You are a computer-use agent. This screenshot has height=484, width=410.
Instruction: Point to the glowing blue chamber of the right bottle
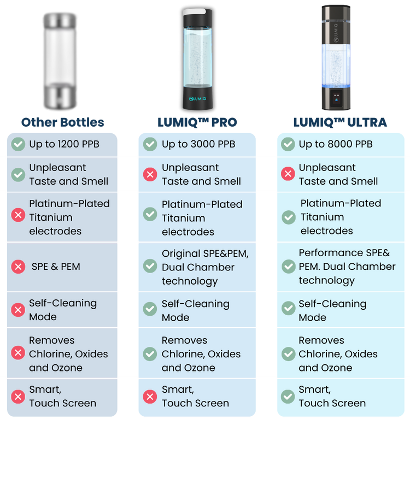pos(337,66)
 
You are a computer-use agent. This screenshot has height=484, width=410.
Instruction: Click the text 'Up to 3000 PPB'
pos(198,144)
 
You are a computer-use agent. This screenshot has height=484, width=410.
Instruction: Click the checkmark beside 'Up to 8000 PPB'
pos(288,144)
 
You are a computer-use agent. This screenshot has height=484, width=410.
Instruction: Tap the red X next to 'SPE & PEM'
pos(18,267)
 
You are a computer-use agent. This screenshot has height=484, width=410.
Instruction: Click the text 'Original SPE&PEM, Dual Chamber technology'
pos(205,267)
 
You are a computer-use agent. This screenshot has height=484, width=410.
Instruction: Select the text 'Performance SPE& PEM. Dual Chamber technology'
pos(347,267)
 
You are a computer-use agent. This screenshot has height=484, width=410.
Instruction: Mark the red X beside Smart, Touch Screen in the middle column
pos(150,397)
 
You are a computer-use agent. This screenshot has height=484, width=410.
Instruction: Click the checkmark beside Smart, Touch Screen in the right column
pos(288,397)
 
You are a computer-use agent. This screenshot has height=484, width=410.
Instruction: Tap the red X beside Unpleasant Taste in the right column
pos(288,174)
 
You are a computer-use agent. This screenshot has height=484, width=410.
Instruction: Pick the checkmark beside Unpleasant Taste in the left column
pos(18,174)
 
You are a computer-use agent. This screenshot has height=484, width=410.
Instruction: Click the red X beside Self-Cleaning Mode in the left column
pos(18,310)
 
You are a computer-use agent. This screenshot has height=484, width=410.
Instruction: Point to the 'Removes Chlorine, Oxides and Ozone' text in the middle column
pos(201,354)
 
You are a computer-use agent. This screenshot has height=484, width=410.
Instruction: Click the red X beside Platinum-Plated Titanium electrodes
pos(18,215)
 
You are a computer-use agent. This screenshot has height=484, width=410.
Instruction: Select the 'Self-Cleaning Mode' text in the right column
pos(332,310)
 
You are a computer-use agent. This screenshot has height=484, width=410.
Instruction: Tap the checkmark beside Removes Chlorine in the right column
pos(288,354)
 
